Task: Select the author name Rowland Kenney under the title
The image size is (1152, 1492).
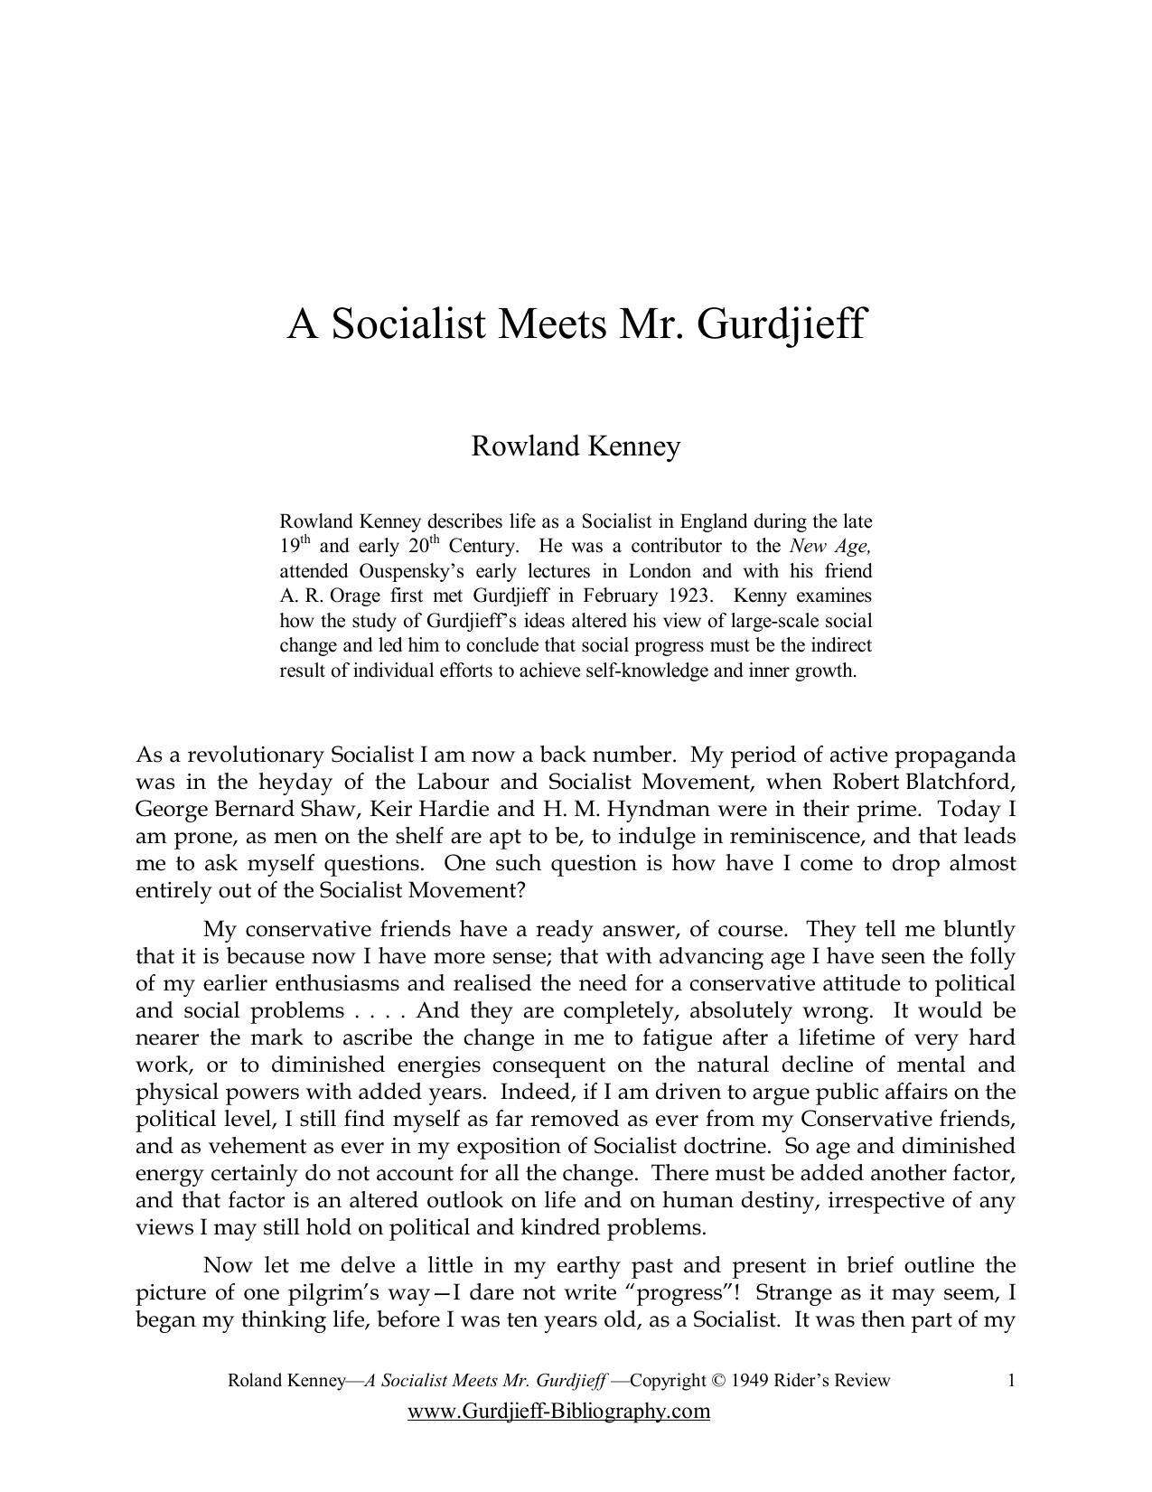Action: click(576, 446)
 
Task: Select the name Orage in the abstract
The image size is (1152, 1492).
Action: click(357, 596)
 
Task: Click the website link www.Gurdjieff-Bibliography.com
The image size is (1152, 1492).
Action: click(558, 1412)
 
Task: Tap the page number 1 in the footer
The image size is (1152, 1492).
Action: click(1011, 1381)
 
